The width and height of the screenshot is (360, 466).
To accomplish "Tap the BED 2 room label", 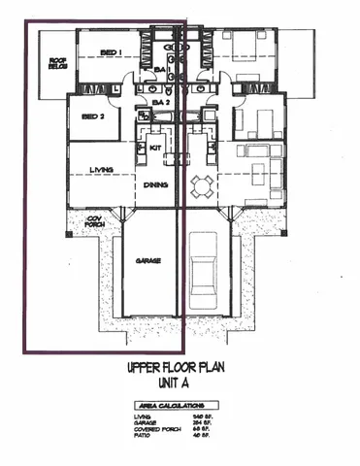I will (93, 115).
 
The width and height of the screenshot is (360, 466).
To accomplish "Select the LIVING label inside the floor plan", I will (102, 170).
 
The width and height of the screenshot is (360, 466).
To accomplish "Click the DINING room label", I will (155, 184).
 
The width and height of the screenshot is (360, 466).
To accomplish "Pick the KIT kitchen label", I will (154, 148).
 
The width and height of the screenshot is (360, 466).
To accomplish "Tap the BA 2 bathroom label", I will (160, 101).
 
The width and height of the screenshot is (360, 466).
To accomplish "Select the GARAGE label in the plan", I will (147, 262).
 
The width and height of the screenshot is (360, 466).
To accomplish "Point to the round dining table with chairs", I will (203, 183).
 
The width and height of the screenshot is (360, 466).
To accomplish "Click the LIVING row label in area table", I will (143, 417).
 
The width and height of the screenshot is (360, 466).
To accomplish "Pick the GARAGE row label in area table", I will (145, 424).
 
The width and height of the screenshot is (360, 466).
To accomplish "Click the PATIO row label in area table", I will (142, 438).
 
